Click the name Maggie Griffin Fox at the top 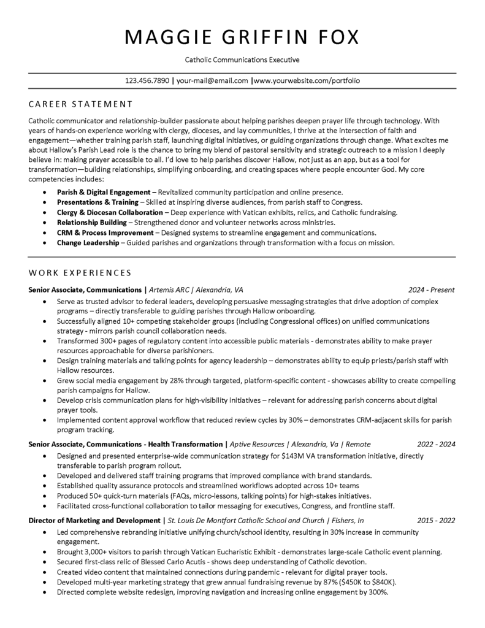[242, 37]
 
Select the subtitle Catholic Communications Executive [242, 60]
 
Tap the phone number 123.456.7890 [147, 80]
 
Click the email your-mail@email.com [212, 80]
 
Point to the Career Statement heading [80, 104]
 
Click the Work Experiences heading [80, 272]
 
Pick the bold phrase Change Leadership [88, 243]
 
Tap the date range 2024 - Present [432, 289]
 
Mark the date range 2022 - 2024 [436, 444]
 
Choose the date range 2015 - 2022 [436, 521]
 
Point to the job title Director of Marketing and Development [94, 521]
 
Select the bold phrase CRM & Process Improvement [105, 233]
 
